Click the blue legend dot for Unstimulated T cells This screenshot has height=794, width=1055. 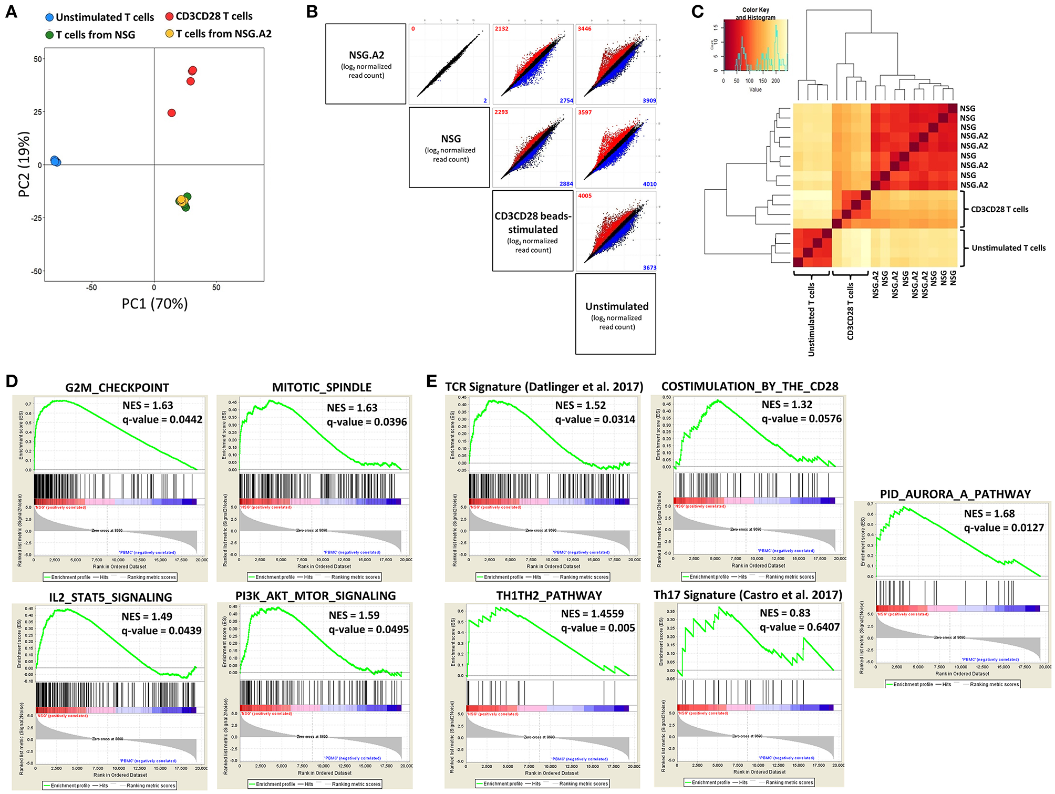pyautogui.click(x=49, y=17)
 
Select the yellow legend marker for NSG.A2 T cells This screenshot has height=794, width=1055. pyautogui.click(x=169, y=34)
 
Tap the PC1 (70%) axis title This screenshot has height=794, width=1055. pyautogui.click(x=154, y=304)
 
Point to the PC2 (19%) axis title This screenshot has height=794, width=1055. pyautogui.click(x=24, y=164)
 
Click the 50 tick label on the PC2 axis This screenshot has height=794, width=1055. pyautogui.click(x=38, y=59)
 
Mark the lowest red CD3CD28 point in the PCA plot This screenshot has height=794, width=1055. pyautogui.click(x=171, y=113)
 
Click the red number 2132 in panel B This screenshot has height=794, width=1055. pyautogui.click(x=501, y=29)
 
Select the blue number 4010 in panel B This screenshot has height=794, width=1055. pyautogui.click(x=649, y=184)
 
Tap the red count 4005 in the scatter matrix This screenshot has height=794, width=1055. pyautogui.click(x=585, y=196)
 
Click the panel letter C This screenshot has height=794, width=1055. pyautogui.click(x=697, y=12)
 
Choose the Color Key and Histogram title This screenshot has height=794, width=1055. pyautogui.click(x=755, y=14)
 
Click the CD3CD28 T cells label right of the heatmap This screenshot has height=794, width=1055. pyautogui.click(x=999, y=209)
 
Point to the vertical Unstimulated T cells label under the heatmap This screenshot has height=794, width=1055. pyautogui.click(x=811, y=319)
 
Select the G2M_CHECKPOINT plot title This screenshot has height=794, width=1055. pyautogui.click(x=117, y=388)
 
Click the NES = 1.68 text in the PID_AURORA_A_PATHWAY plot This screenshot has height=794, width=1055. pyautogui.click(x=989, y=513)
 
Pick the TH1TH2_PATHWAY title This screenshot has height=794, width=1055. pyautogui.click(x=549, y=595)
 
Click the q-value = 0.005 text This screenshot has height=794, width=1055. pyautogui.click(x=598, y=628)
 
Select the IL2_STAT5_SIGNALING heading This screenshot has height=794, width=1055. pyautogui.click(x=110, y=597)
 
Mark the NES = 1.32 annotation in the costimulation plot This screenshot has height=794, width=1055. pyautogui.click(x=787, y=405)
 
